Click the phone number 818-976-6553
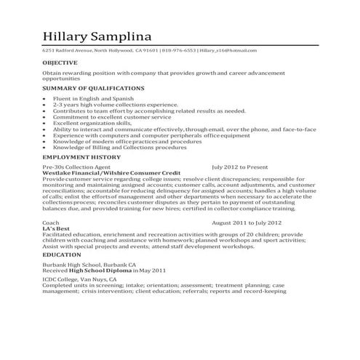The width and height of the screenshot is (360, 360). point(179,51)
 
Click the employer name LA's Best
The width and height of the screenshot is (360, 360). point(55,228)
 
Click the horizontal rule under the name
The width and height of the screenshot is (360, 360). point(181,46)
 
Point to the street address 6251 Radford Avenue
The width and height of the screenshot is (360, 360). point(69,51)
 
